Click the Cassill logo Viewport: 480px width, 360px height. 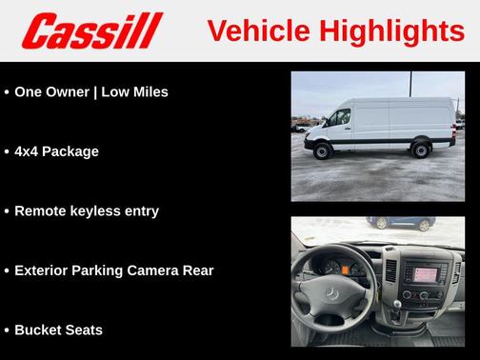(92, 31)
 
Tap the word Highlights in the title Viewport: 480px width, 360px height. (390, 31)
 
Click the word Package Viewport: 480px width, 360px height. (75, 151)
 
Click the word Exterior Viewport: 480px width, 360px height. (44, 270)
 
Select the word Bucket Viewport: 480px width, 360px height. (40, 330)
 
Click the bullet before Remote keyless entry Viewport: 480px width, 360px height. (7, 211)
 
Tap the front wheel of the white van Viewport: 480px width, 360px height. (324, 150)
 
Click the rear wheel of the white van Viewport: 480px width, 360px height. (420, 150)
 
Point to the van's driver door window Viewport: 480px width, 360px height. (338, 118)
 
